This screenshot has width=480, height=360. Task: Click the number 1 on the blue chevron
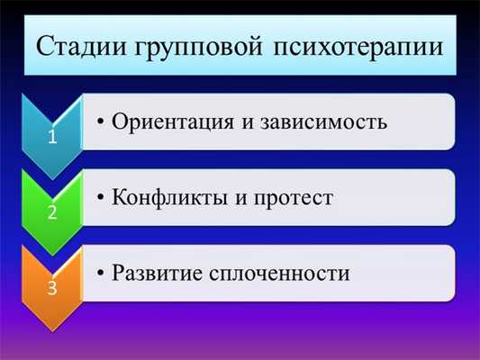click(52, 138)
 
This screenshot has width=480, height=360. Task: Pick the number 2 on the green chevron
click(52, 213)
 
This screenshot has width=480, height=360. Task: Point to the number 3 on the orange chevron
click(52, 290)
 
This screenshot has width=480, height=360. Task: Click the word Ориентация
click(176, 121)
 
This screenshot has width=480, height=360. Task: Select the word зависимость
click(322, 121)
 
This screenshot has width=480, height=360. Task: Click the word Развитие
click(160, 271)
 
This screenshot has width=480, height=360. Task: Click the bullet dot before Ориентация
click(102, 121)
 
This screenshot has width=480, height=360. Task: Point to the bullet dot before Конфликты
click(102, 197)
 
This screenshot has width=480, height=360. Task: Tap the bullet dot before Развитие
click(102, 272)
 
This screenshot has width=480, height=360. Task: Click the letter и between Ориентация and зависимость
click(246, 121)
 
